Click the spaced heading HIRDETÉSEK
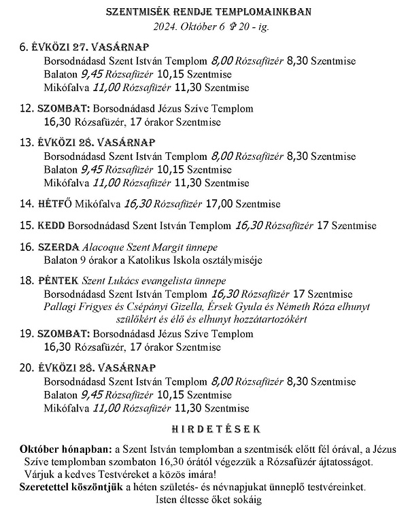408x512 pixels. pyautogui.click(x=204, y=430)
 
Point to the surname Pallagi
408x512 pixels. pyautogui.click(x=61, y=307)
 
